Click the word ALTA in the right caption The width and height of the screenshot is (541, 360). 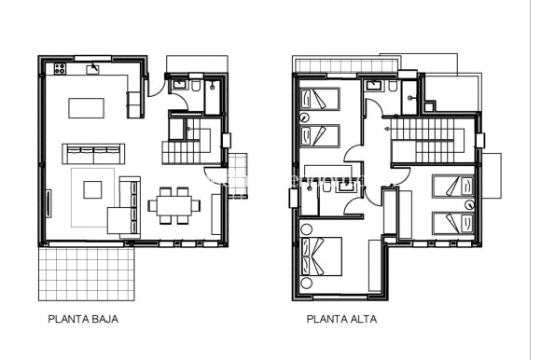click(357, 318)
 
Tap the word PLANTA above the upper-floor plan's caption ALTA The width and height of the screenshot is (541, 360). click(326, 318)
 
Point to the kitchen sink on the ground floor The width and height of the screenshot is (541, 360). click(94, 68)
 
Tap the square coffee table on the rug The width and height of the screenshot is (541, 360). click(93, 189)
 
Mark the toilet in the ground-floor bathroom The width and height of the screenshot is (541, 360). click(196, 85)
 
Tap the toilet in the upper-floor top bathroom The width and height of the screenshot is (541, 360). click(395, 87)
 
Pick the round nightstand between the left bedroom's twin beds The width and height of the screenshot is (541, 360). click(305, 117)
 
